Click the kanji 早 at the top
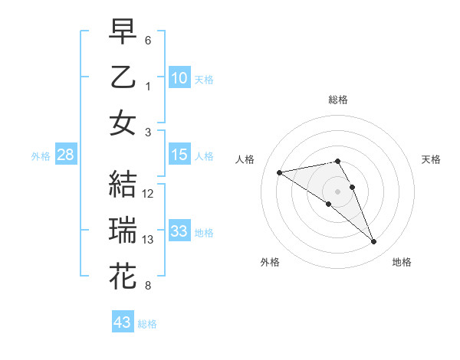[x=123, y=33]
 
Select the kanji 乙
[x=123, y=77]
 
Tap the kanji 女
[x=123, y=123]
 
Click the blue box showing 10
[x=179, y=78]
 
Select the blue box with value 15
[x=179, y=155]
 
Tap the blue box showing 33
[x=179, y=231]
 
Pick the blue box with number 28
[x=66, y=155]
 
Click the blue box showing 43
[x=123, y=322]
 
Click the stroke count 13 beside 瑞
[x=149, y=240]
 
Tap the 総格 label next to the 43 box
[x=147, y=324]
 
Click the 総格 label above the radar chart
[x=338, y=100]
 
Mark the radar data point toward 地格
[x=374, y=242]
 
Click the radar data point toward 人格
[x=279, y=172]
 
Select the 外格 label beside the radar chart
[x=269, y=262]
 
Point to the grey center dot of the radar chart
[x=338, y=191]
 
